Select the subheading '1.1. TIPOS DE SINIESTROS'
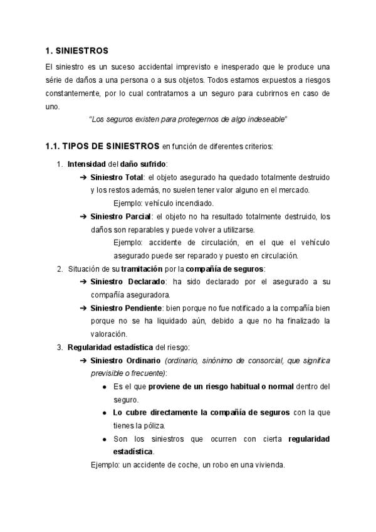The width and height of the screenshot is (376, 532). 102,147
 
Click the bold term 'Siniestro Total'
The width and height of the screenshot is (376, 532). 117,178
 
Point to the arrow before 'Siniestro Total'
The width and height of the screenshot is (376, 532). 83,178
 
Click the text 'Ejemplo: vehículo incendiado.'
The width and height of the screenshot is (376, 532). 164,203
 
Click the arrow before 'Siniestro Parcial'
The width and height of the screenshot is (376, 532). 83,216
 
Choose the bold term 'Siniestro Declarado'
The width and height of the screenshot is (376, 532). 128,282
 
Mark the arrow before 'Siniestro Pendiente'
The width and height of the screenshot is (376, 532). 83,307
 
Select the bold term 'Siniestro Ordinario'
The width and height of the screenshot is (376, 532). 126,360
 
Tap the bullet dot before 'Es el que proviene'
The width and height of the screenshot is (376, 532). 104,386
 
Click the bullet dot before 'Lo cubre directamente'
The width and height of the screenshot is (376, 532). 104,413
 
